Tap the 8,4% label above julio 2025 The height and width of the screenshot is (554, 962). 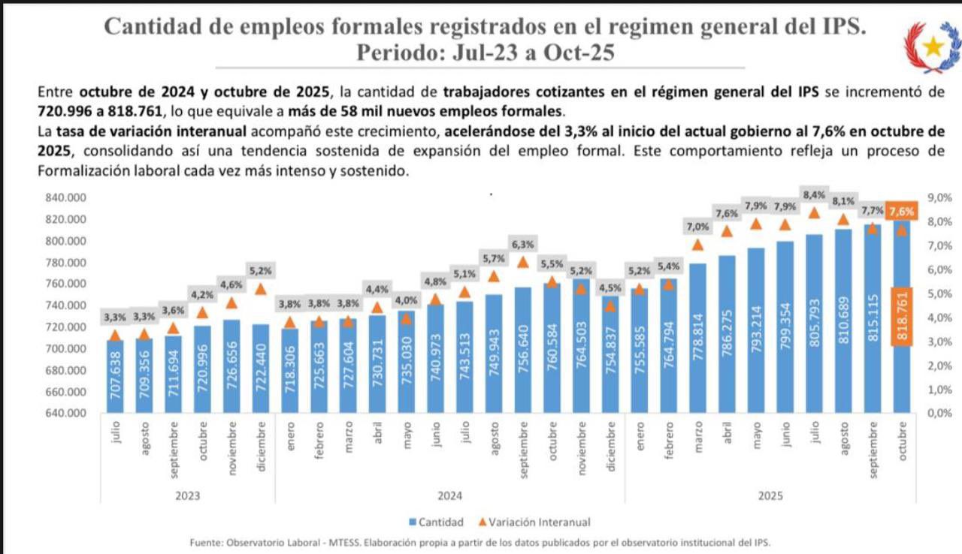coord(813,195)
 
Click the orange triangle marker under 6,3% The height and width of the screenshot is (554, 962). coord(523,262)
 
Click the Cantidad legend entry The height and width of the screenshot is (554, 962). coord(436,522)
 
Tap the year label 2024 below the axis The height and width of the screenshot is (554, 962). coord(449,496)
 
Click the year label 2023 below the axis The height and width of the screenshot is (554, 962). coord(187,496)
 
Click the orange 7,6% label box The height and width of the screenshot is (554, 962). coord(902,212)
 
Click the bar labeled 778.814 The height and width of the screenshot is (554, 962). coord(698,339)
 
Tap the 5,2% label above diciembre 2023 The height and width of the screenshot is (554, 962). coord(261,270)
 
